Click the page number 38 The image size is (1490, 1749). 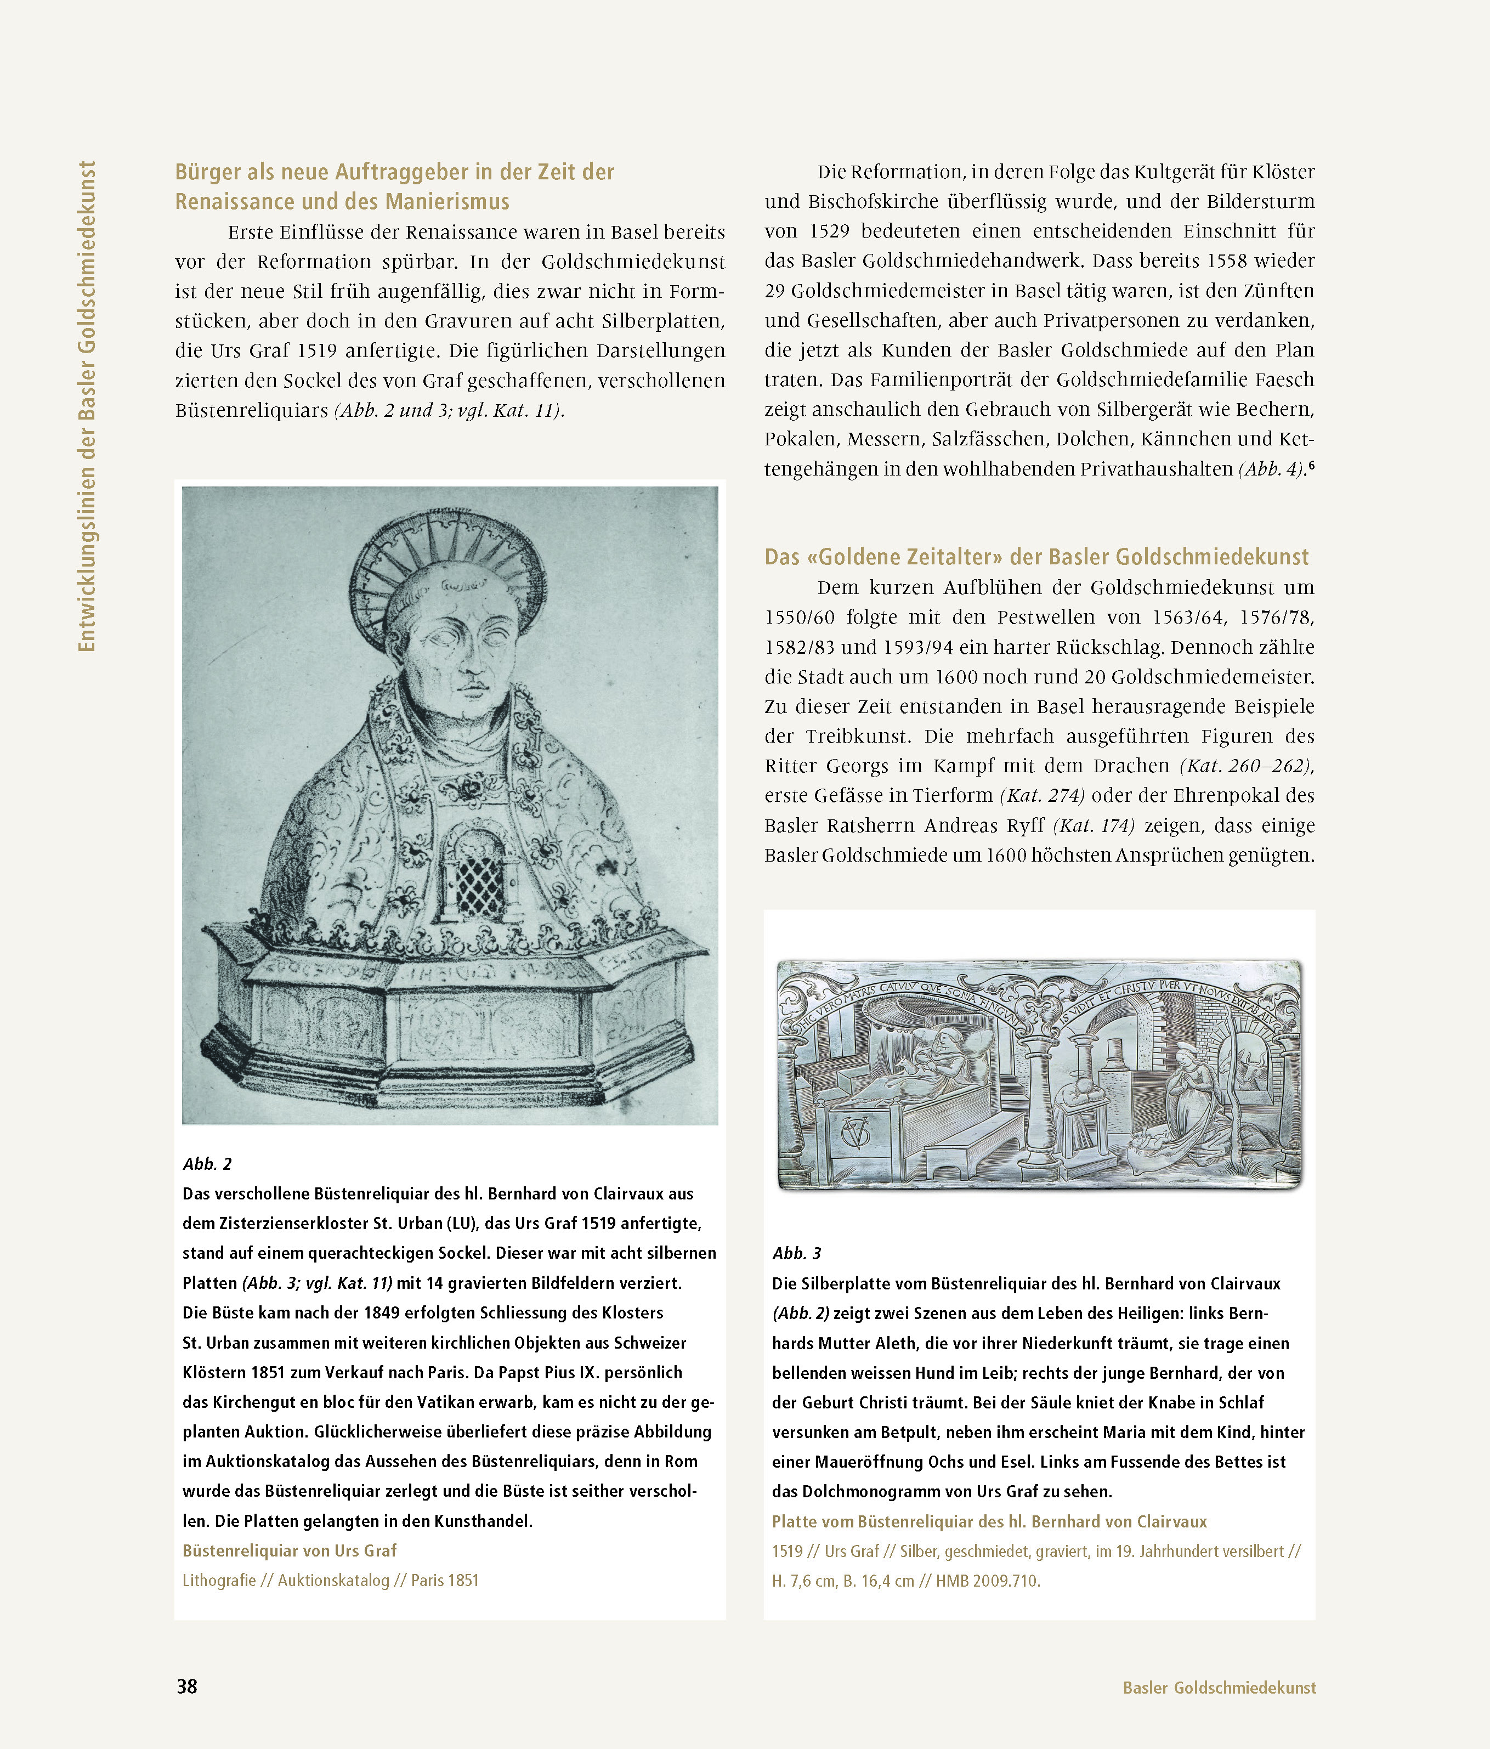[x=186, y=1686]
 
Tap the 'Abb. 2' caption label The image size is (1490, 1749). [x=207, y=1164]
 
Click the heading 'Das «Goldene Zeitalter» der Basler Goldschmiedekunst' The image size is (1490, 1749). [x=1036, y=557]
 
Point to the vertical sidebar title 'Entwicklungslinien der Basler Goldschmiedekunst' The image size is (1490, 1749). [x=87, y=405]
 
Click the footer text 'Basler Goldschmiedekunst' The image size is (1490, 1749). [x=1219, y=1688]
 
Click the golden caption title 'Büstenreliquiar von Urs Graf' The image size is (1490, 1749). [x=288, y=1550]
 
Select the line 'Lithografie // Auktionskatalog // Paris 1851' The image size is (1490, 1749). [x=330, y=1580]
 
